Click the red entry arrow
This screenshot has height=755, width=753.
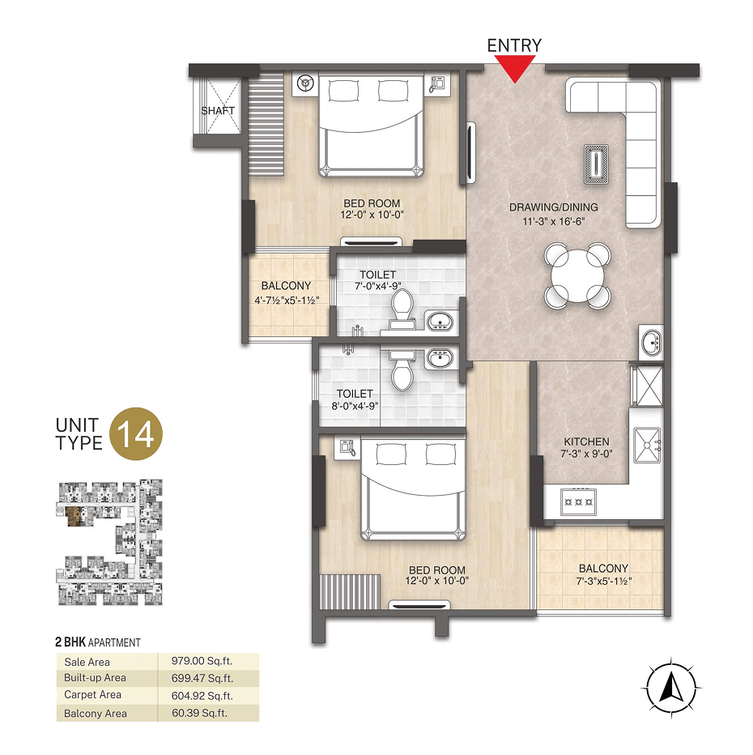515,68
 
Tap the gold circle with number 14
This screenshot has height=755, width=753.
136,434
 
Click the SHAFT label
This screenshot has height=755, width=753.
218,111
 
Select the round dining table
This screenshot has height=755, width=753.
577,275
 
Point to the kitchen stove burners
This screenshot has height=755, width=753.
578,501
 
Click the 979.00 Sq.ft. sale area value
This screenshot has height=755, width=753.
202,661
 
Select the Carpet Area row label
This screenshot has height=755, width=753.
92,695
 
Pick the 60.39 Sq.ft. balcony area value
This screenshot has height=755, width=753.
199,713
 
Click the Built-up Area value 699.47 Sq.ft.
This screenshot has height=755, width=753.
202,678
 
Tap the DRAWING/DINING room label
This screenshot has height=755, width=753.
553,207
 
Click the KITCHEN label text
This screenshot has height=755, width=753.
586,441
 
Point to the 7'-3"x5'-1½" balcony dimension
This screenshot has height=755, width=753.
604,581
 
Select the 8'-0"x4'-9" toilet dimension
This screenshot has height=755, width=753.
355,406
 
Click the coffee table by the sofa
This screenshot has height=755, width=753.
596,164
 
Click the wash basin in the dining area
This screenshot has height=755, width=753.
652,341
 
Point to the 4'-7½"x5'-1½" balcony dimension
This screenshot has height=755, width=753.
287,301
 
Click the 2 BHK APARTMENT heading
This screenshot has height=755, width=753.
98,642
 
